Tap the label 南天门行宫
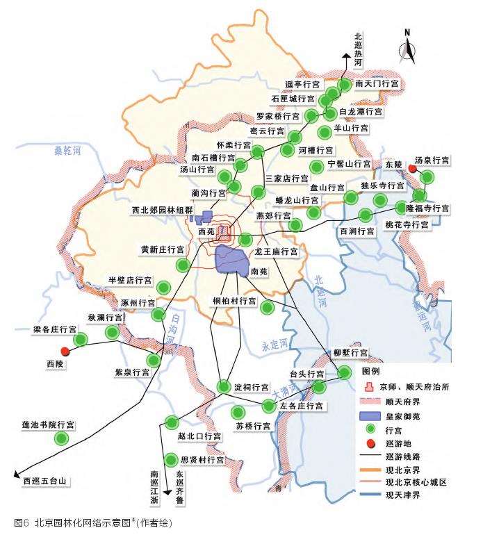click(376, 83)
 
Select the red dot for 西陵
click(65, 352)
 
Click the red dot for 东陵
click(412, 169)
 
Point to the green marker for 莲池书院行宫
click(62, 438)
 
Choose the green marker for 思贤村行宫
click(171, 459)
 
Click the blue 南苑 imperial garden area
click(232, 260)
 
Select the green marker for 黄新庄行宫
click(183, 264)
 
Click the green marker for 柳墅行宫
click(345, 373)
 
